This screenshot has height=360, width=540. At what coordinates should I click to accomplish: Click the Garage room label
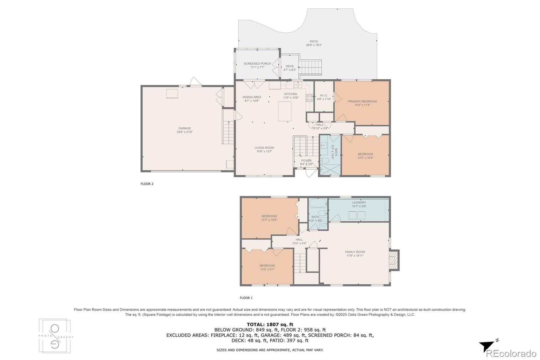coord(185,128)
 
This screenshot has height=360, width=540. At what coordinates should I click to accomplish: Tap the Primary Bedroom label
coord(362,101)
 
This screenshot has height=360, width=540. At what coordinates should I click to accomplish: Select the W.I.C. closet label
coord(324,96)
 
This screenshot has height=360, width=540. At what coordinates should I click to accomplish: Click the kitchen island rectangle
coord(285,111)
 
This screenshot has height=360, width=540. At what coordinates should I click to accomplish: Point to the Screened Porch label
coord(257,63)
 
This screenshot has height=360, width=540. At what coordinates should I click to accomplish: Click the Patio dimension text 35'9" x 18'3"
coord(314,45)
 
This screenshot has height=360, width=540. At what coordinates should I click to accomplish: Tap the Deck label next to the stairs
coord(290,66)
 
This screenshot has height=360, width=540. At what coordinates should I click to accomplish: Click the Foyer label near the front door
coord(306,161)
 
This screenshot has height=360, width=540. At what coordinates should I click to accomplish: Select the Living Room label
coord(264,148)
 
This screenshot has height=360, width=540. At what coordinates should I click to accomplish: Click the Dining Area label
coord(252,97)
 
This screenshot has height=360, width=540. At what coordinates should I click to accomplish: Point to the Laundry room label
coord(359,203)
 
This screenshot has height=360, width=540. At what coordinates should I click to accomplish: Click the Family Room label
coord(355,252)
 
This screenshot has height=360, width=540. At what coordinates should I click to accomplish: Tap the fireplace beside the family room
coord(394,260)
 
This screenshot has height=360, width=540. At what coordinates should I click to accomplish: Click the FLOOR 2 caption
coord(147,184)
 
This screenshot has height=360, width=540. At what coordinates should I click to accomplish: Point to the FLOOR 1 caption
coord(246,298)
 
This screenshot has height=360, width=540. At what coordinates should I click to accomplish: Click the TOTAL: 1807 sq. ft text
coord(270,325)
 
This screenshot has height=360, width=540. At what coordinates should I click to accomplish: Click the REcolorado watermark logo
coord(511,354)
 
